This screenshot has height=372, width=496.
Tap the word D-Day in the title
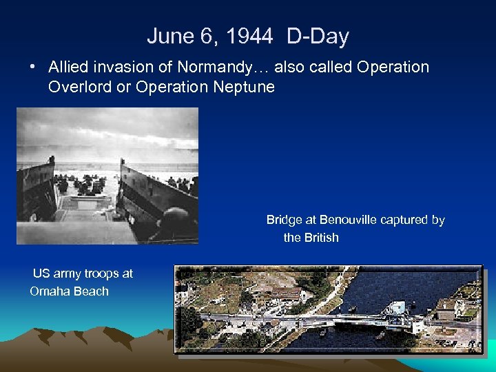pos(318,37)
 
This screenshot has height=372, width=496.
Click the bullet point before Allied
pos(32,68)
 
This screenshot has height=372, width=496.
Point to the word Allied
pos(69,68)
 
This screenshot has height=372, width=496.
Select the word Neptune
pos(244,87)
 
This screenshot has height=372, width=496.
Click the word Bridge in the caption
pos(284,220)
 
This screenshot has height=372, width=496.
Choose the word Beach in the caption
pos(91,291)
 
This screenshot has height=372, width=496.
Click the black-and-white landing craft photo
pos(107,176)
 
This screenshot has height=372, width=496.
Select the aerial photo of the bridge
pos(329,309)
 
